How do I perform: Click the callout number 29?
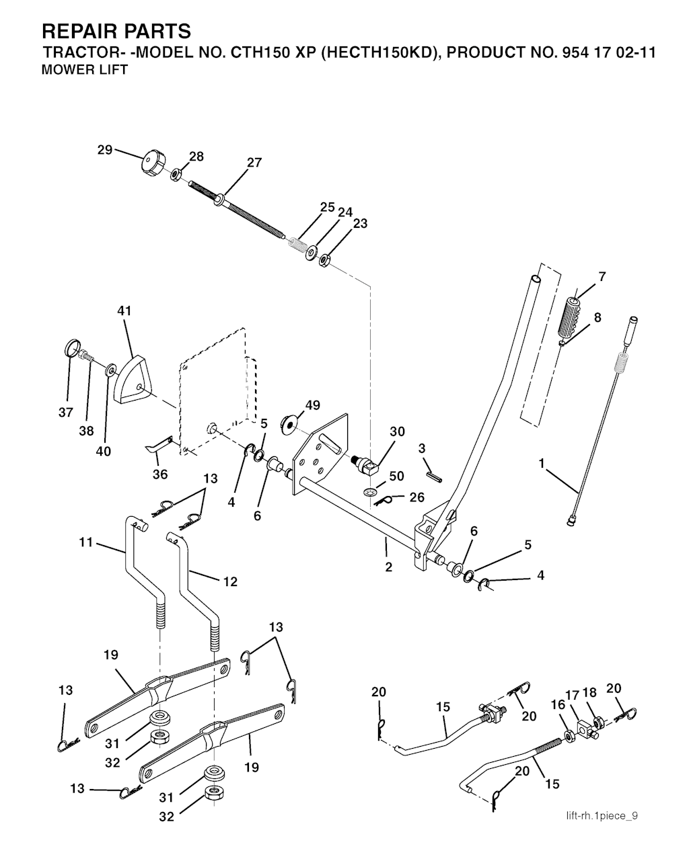click(x=104, y=150)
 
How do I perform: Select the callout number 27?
click(x=254, y=163)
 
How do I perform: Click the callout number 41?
click(x=124, y=311)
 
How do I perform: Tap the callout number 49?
click(x=312, y=405)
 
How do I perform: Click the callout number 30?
click(x=398, y=431)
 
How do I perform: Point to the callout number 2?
click(x=389, y=567)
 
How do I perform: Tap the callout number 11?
click(x=86, y=540)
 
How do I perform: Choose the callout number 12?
click(x=230, y=582)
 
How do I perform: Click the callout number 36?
click(x=159, y=474)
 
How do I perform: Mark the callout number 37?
click(x=65, y=413)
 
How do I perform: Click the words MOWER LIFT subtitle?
click(x=84, y=70)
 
